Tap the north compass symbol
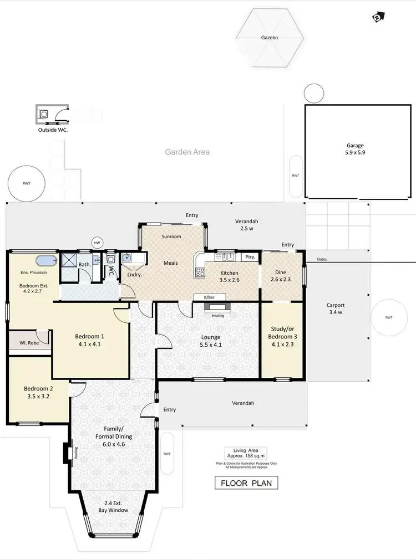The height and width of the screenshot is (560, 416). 377,18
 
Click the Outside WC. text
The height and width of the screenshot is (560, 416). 53,130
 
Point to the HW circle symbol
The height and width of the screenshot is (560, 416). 97,243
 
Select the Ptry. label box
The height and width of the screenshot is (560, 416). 248,257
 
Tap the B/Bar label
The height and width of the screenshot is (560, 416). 209,297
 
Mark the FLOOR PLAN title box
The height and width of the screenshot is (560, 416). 246,483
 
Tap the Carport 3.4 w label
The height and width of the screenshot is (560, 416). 336,309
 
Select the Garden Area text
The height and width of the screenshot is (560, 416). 187,152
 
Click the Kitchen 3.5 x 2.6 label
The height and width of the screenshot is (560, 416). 230,276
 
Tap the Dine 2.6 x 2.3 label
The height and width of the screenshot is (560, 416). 281,276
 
